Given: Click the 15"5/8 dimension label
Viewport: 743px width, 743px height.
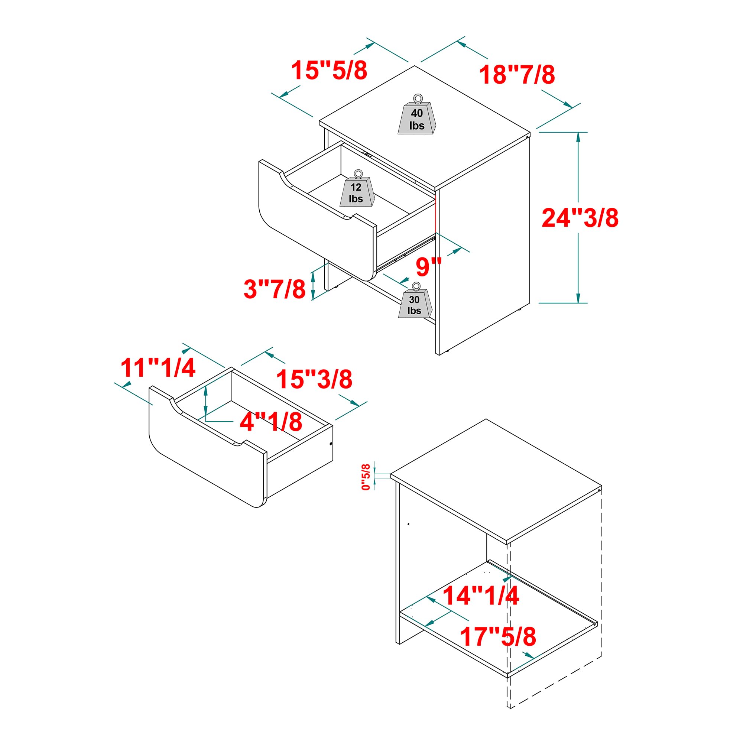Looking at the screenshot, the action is [329, 70].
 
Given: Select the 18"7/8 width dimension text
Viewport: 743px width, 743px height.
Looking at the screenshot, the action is [516, 75].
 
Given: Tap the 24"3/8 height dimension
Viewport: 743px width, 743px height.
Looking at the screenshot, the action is [580, 218].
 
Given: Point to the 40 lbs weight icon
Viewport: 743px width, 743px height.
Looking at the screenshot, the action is [417, 114].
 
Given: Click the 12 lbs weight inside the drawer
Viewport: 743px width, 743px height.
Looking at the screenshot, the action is [357, 188].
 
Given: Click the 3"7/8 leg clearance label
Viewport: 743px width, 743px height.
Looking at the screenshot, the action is [275, 289].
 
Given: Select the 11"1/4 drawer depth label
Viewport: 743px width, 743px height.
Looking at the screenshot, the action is [158, 368].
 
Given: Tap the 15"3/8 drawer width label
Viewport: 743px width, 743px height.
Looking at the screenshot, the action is [314, 379].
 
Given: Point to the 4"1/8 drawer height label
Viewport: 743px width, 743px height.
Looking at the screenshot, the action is [271, 422].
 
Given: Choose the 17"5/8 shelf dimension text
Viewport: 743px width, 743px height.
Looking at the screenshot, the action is [498, 636].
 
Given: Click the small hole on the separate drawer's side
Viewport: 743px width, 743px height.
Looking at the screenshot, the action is [331, 444].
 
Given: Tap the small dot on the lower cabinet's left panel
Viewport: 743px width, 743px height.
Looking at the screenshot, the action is [408, 524].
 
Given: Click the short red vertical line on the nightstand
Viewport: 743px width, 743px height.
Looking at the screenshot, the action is [435, 214].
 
